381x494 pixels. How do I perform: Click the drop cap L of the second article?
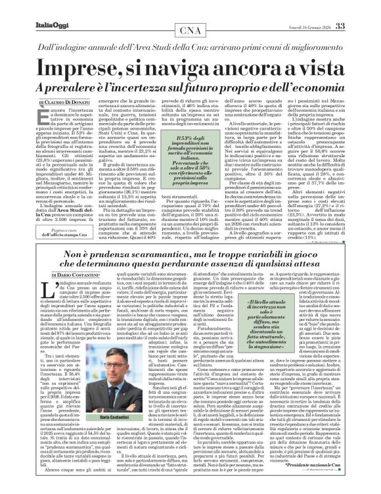[44, 287]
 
